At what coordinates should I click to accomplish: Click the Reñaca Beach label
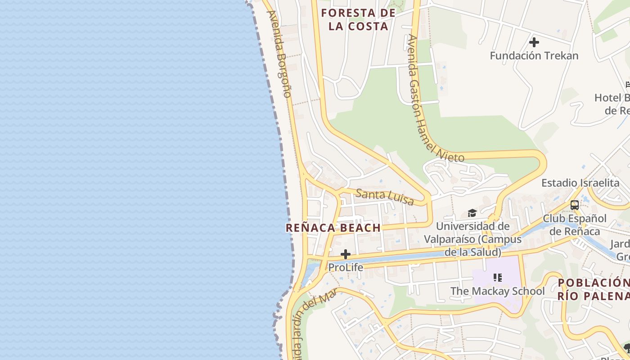click(x=333, y=228)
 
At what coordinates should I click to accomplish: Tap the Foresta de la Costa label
click(x=358, y=19)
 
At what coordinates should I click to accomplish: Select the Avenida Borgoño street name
click(x=279, y=54)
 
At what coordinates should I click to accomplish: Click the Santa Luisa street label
click(x=384, y=197)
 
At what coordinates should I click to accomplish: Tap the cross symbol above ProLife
click(x=346, y=255)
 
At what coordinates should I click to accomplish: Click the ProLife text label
click(x=346, y=267)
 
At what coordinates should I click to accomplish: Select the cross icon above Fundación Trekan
click(x=534, y=43)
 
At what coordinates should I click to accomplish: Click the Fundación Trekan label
click(x=534, y=56)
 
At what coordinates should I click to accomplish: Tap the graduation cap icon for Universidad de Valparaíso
click(x=472, y=213)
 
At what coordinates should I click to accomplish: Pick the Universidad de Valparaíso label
click(x=472, y=239)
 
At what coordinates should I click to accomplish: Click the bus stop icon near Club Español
click(x=575, y=205)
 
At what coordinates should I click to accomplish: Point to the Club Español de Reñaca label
click(x=575, y=225)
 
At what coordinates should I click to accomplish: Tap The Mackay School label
click(x=497, y=291)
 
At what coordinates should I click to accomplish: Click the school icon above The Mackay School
click(x=497, y=278)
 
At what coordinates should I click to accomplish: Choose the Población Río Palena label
click(x=593, y=289)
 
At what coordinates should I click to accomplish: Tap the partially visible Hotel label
click(x=612, y=104)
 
